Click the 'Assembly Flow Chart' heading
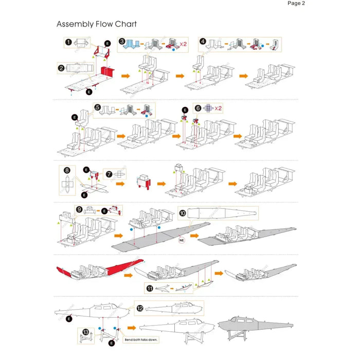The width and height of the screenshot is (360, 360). point(96,24)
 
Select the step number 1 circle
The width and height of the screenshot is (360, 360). point(68,42)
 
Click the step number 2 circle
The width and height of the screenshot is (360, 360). point(61,67)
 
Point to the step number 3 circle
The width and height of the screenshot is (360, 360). point(122,41)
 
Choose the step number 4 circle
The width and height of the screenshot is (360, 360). point(203,41)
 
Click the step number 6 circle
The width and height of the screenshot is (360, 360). point(198,109)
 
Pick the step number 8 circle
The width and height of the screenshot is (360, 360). point(67,169)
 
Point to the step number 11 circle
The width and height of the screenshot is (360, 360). point(150,289)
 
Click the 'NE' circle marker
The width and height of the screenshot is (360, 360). point(182,240)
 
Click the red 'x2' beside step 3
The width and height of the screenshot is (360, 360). point(183,45)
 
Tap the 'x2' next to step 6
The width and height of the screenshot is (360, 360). point(218,109)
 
